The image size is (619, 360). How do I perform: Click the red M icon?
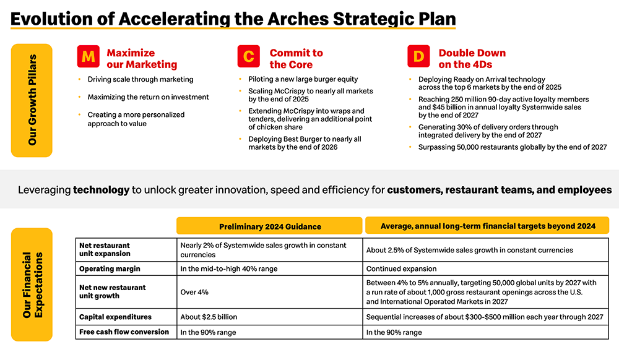[x=88, y=56]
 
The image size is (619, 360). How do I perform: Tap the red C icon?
[x=249, y=56]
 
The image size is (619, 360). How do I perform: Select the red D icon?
[x=418, y=56]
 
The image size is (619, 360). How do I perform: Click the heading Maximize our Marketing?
[x=142, y=59]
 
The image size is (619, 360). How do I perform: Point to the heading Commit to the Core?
[x=296, y=59]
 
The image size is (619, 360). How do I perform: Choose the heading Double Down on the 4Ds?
[x=472, y=59]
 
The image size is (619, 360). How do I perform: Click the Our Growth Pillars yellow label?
[x=32, y=101]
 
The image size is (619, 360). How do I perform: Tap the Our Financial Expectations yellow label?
[x=32, y=285]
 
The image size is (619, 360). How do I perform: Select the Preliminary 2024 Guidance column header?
[x=269, y=226]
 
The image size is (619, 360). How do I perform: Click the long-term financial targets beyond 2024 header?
[x=487, y=226]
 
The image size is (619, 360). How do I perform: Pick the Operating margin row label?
[x=110, y=269]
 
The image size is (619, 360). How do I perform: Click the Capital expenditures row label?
[x=115, y=317]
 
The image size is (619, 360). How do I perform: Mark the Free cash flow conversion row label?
[x=124, y=332]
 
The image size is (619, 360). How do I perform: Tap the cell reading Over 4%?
[x=194, y=292]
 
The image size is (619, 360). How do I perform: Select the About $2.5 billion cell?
[x=209, y=317]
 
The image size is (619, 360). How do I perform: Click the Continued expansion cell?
[x=402, y=269]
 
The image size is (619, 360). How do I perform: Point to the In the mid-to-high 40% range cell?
[x=229, y=269]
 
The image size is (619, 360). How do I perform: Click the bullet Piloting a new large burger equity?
[x=303, y=79]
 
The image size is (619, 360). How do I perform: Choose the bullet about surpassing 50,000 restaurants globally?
[x=513, y=147]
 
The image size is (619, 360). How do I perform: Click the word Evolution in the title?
[x=58, y=19]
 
